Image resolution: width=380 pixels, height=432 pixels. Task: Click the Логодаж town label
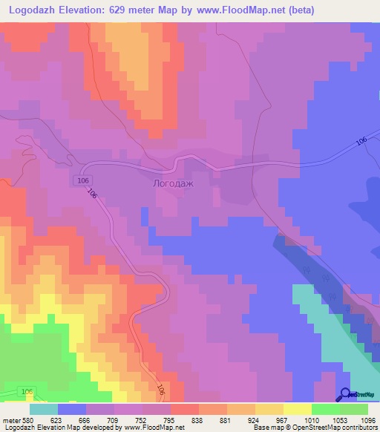click(172, 182)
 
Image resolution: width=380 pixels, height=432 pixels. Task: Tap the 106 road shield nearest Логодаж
click(82, 180)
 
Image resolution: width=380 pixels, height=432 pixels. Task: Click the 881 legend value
click(231, 420)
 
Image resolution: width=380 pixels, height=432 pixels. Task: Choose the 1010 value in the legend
click(314, 420)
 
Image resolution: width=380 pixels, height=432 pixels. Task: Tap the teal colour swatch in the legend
click(43, 409)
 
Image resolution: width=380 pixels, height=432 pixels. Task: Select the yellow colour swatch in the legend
click(297, 409)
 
